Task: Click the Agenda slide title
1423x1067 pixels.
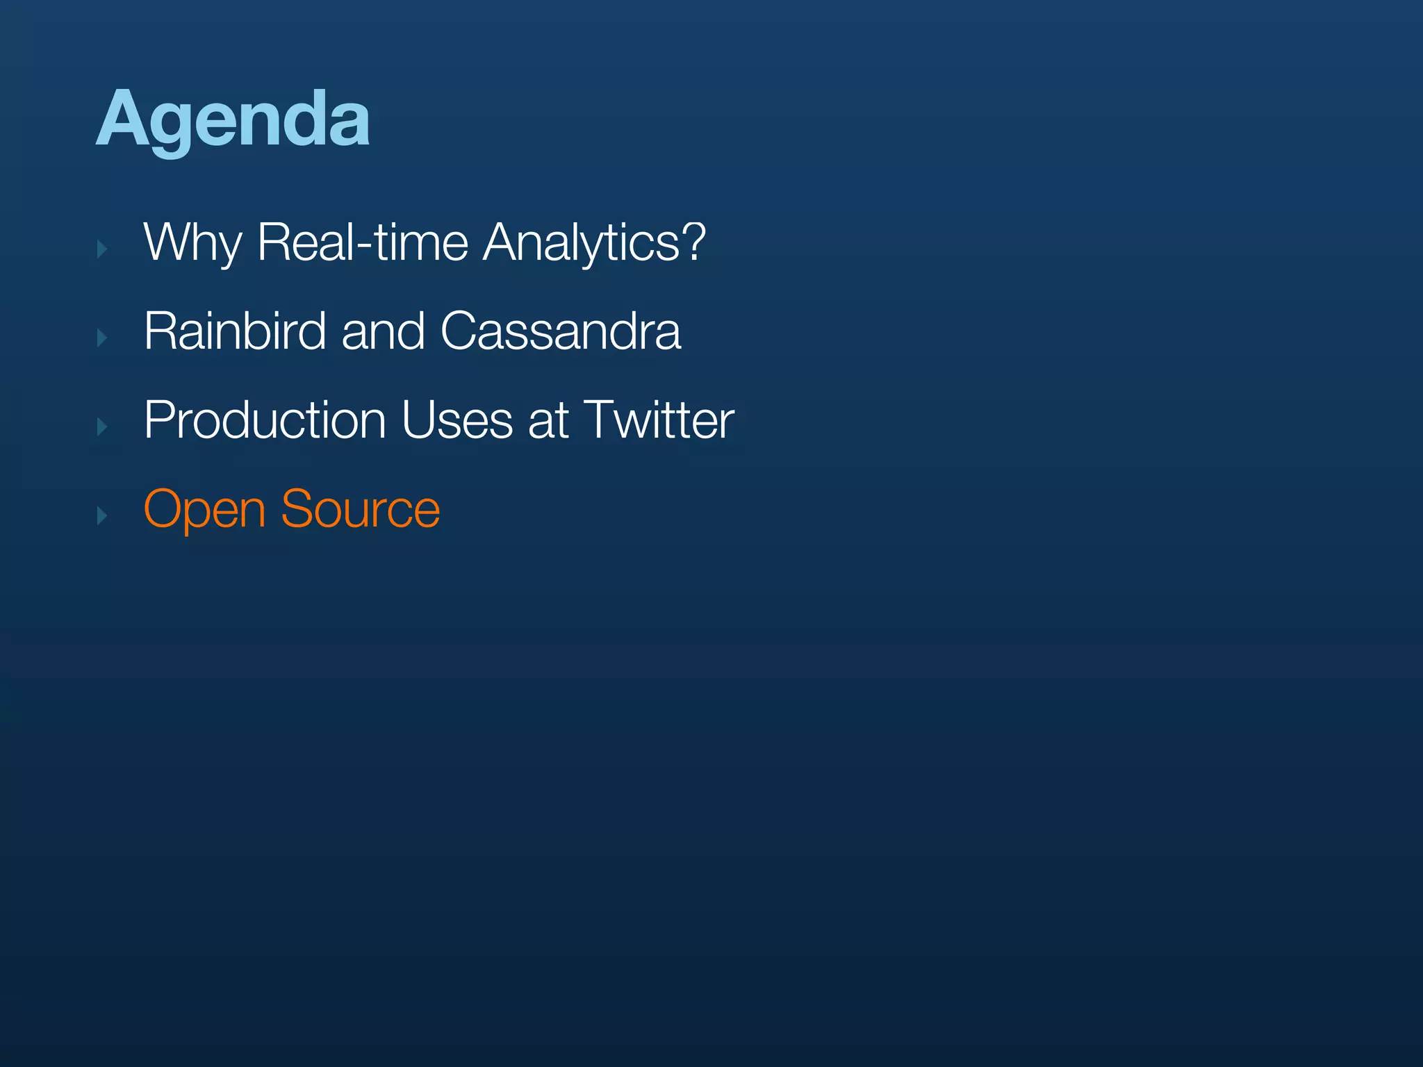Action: [233, 119]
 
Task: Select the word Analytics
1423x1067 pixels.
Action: [580, 242]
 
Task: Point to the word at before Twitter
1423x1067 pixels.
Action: [548, 421]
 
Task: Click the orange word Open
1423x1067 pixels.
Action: [204, 510]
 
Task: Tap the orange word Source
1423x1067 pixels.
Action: [360, 509]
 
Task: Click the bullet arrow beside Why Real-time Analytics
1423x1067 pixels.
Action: [102, 249]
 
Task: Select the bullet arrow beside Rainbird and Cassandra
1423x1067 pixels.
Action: [102, 338]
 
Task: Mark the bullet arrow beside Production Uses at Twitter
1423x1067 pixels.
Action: [102, 427]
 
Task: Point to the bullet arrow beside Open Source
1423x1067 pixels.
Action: [102, 515]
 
